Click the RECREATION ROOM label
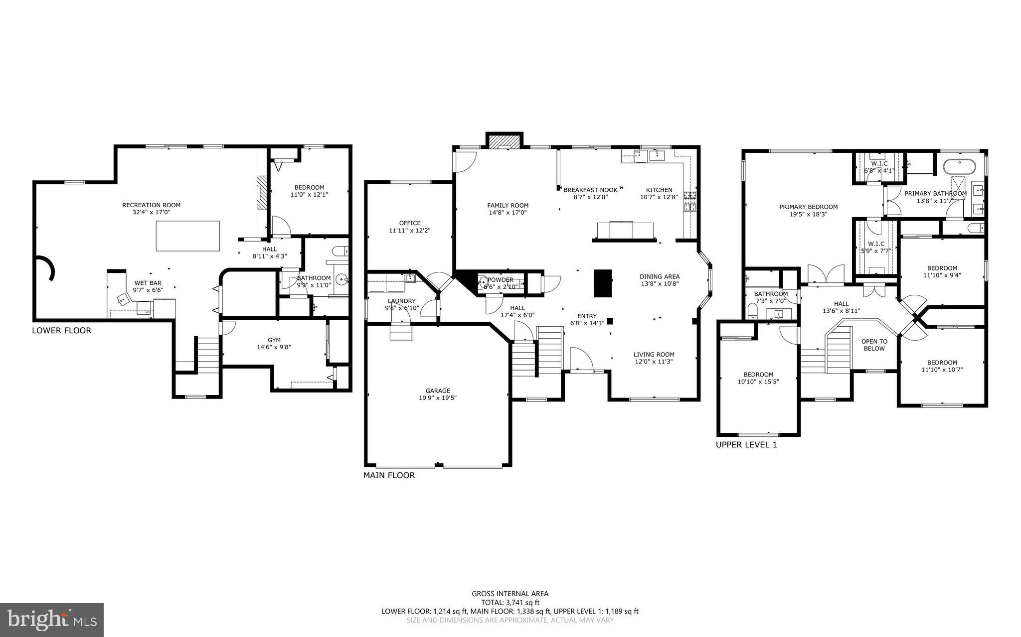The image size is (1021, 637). (x=151, y=205)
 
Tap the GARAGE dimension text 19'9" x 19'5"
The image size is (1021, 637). (x=438, y=398)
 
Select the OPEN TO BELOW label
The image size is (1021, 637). (x=874, y=345)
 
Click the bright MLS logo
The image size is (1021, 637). (x=52, y=620)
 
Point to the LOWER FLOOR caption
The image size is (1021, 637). (x=61, y=330)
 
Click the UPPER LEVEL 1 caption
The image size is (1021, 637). (x=746, y=445)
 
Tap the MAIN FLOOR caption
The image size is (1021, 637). (x=389, y=475)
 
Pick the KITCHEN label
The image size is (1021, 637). (x=659, y=190)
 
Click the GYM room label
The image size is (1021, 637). (x=274, y=340)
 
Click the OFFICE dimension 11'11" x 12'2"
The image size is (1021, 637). (x=409, y=231)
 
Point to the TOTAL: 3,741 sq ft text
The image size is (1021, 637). (x=510, y=602)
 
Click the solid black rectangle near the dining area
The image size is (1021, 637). (x=602, y=283)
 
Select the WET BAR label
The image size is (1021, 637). (x=148, y=283)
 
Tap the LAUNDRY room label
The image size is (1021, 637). (x=401, y=301)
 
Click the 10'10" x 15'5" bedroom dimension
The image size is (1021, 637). (x=758, y=382)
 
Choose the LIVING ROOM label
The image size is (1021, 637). (x=654, y=355)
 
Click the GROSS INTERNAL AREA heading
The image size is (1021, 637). (x=510, y=593)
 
